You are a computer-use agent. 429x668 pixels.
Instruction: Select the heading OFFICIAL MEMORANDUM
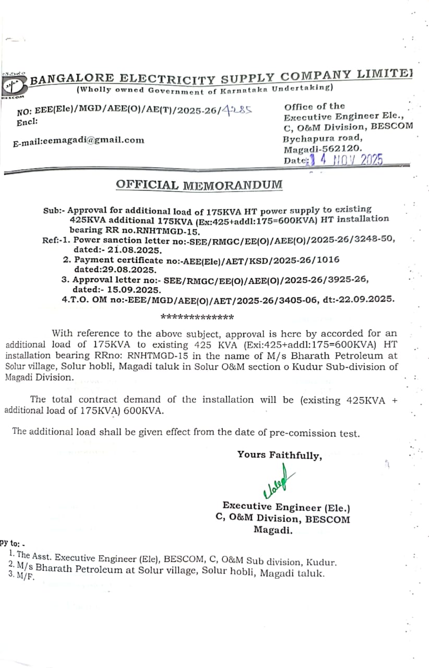coord(199,185)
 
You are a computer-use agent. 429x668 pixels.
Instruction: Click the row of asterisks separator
coord(197,317)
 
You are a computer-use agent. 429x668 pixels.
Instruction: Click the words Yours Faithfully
coord(280,455)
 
